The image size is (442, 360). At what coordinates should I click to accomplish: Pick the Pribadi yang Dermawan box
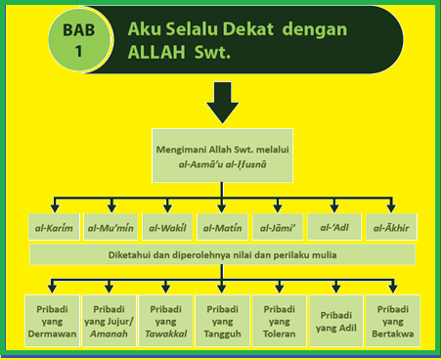(x=51, y=320)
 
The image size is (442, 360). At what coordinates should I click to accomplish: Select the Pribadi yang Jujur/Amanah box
(x=108, y=320)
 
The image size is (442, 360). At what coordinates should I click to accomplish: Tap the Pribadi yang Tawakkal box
(x=165, y=320)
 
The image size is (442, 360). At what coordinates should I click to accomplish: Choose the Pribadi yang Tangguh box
(x=223, y=320)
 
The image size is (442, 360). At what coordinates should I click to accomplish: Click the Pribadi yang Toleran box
(x=280, y=320)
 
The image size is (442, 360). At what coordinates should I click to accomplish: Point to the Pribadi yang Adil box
(x=336, y=320)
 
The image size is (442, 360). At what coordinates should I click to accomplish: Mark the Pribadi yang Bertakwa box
(x=392, y=320)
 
